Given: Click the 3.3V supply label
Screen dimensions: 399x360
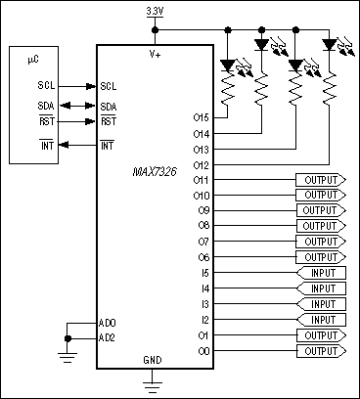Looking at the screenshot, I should [x=155, y=9].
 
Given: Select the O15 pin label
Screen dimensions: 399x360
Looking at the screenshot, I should [x=202, y=116].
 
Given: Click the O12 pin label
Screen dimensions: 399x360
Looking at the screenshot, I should [x=202, y=164].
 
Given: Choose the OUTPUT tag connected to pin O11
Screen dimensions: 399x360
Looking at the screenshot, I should [x=320, y=180].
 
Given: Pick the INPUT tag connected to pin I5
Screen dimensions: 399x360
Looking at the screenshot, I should [x=320, y=273].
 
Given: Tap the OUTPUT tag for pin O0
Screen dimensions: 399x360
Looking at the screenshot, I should [x=320, y=350].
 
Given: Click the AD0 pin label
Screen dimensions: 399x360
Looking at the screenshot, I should [x=108, y=322].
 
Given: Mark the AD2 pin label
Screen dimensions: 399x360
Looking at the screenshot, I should [x=108, y=337].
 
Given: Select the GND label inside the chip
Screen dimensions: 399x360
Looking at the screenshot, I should [x=154, y=359].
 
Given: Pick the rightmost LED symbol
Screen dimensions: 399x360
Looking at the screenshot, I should [x=328, y=43].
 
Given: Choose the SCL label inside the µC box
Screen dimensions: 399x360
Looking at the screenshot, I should [x=32, y=85].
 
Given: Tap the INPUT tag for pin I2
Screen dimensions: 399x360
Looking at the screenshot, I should [x=320, y=319].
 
